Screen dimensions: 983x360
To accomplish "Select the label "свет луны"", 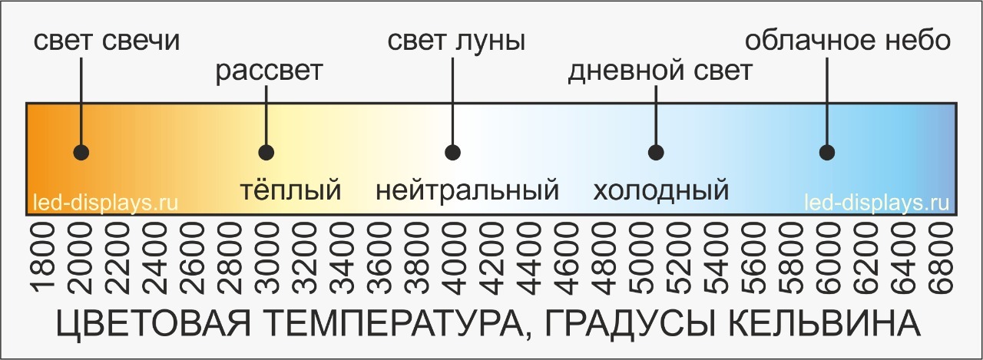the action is point(455,41).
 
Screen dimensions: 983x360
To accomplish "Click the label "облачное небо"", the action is point(849,41).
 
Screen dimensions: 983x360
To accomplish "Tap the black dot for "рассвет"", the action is point(266,152).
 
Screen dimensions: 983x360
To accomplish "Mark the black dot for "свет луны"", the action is point(452,152).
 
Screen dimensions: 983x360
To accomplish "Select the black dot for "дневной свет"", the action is point(655,152).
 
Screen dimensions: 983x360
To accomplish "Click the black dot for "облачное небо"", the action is point(826,152).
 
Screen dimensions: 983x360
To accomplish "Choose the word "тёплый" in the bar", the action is point(290,189).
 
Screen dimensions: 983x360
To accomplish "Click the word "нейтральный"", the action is point(467,189).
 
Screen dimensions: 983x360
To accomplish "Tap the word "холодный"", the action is point(660,189).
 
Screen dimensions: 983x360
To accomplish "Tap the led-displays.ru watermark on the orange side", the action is point(106,204).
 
